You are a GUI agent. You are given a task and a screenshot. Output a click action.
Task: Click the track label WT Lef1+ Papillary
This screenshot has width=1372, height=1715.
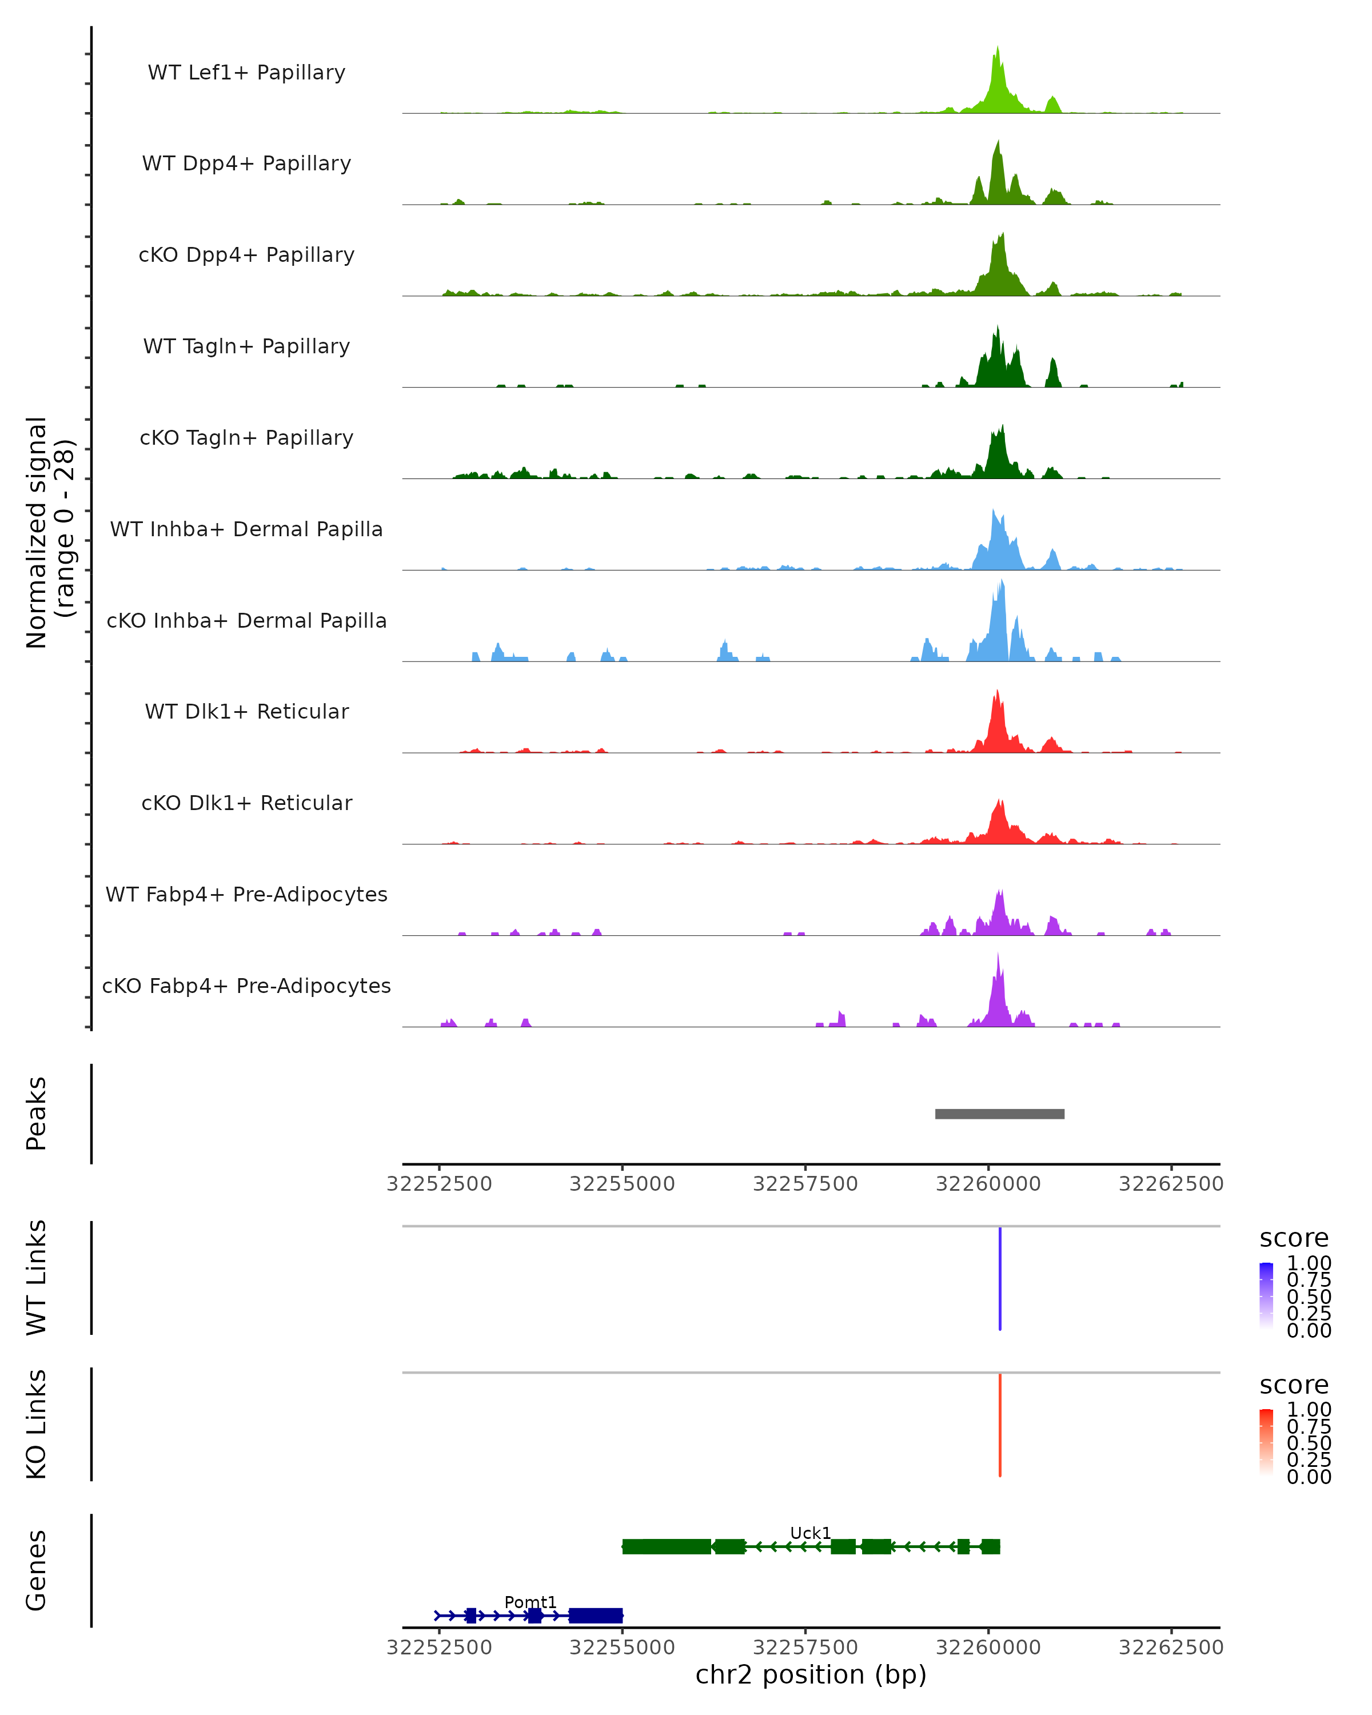[246, 73]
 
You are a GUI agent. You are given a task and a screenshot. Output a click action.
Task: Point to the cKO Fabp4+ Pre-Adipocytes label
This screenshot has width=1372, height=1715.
[246, 986]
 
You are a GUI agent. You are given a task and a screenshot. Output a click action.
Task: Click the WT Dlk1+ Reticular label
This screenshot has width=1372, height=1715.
[246, 712]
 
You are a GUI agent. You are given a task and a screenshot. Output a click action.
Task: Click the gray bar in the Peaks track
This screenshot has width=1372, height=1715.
[1000, 1114]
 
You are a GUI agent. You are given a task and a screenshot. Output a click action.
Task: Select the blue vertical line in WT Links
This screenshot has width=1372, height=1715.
[1000, 1278]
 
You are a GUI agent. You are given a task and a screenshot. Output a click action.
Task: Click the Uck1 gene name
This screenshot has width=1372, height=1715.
[811, 1533]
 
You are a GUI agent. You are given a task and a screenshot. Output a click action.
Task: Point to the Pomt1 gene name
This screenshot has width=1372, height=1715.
[531, 1602]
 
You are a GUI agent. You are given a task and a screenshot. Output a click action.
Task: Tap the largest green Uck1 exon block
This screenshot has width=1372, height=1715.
[667, 1546]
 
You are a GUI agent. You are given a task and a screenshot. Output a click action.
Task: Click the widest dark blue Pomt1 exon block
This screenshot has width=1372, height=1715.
[596, 1616]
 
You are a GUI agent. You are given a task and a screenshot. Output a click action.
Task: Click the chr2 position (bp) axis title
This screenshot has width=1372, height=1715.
[811, 1674]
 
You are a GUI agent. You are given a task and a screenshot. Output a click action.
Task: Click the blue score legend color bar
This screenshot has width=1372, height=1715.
[1266, 1295]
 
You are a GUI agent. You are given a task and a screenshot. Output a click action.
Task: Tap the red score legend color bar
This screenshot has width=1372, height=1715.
[1266, 1441]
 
